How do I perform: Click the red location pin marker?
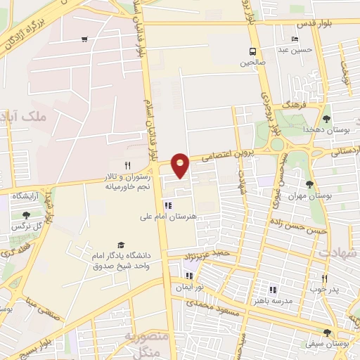(181, 165)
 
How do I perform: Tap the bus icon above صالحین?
(252, 51)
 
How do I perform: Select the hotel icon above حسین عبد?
(295, 39)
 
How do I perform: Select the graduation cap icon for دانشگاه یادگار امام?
(122, 245)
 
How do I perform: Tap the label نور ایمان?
(189, 287)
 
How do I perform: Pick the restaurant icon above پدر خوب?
(324, 278)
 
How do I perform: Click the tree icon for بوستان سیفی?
(327, 333)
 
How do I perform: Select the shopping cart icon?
(84, 39)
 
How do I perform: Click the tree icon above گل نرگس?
(26, 215)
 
